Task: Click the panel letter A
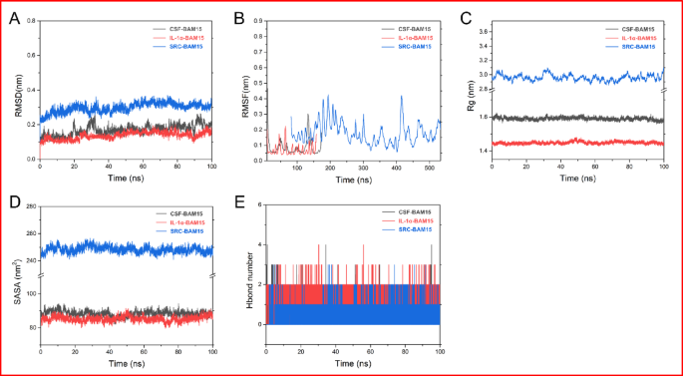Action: (12, 16)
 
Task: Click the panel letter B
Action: (237, 16)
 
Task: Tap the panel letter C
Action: (466, 16)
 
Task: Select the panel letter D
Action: (12, 202)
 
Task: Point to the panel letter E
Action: (237, 202)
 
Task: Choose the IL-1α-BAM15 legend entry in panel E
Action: (410, 220)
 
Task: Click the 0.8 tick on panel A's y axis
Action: (32, 21)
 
